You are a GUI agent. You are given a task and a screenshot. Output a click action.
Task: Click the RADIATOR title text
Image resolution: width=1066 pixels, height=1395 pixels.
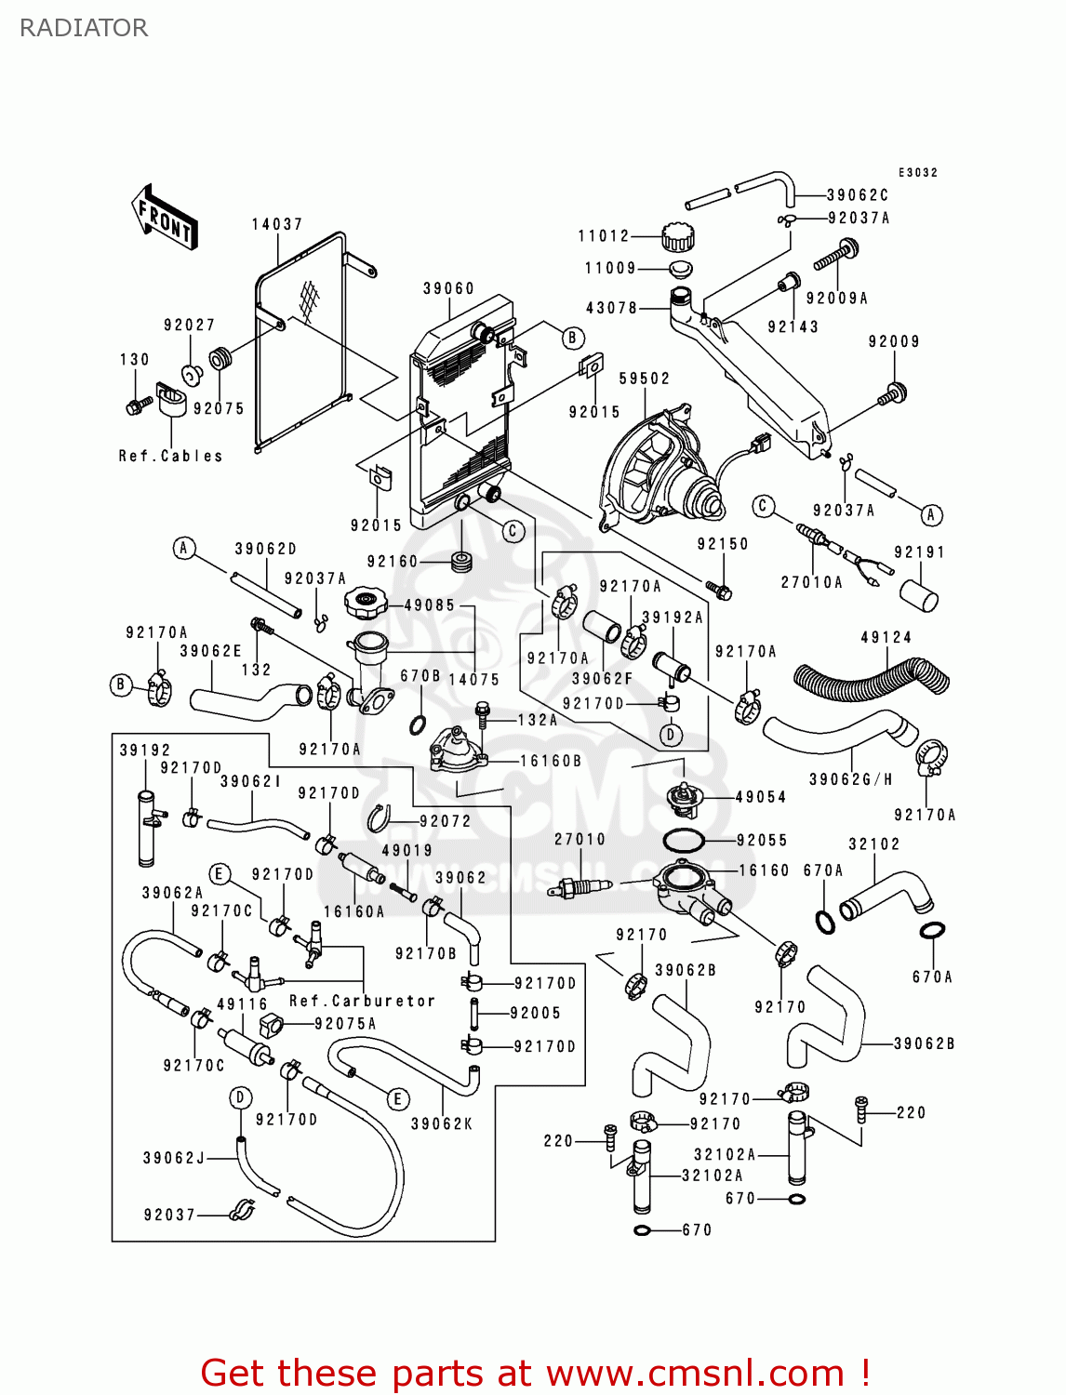[84, 28]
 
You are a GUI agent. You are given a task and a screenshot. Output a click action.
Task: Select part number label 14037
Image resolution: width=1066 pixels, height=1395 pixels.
[277, 224]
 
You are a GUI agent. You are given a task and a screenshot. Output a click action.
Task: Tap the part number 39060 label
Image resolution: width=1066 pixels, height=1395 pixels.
[448, 288]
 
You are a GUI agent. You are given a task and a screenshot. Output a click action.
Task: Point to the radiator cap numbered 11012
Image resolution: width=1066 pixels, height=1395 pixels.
[677, 237]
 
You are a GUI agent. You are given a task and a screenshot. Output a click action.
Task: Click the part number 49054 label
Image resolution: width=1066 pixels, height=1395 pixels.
[761, 797]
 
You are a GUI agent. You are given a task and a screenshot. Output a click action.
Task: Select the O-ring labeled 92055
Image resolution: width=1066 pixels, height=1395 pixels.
[683, 841]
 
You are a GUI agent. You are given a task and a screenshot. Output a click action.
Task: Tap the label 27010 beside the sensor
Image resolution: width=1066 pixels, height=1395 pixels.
[580, 839]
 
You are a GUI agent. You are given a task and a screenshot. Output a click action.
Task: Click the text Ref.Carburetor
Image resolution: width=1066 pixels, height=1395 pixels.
[362, 1001]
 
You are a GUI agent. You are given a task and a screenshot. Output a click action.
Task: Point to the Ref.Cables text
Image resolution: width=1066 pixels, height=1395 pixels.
[171, 456]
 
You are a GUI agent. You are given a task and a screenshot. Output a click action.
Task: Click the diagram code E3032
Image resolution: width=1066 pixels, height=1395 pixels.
[918, 172]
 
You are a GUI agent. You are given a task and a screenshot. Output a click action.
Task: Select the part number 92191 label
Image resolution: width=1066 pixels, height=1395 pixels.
[919, 552]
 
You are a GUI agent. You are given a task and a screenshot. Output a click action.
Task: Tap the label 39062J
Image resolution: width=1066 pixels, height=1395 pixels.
[174, 1158]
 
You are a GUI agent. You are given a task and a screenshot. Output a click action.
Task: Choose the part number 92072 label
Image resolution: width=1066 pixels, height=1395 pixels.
[445, 821]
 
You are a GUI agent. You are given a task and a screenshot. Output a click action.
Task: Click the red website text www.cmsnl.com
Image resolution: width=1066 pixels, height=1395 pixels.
[694, 1373]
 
